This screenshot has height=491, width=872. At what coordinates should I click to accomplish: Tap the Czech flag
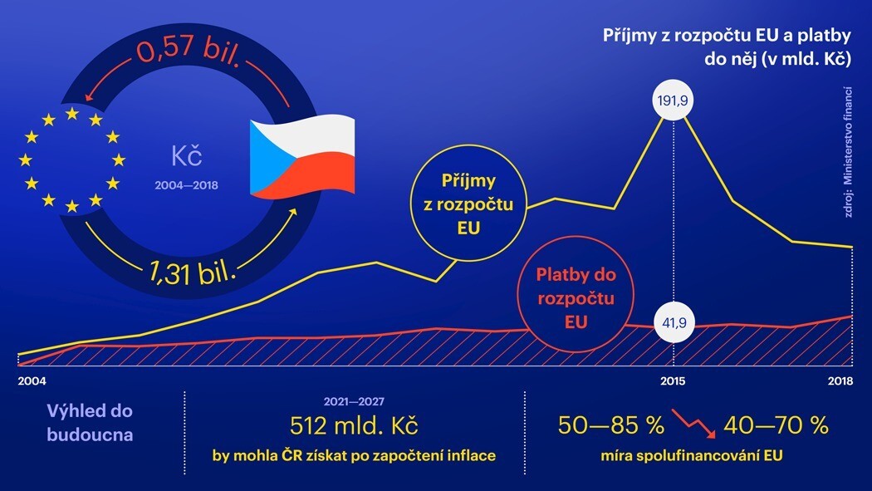pyautogui.click(x=302, y=158)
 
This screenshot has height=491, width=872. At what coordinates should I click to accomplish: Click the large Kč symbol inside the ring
pyautogui.click(x=187, y=155)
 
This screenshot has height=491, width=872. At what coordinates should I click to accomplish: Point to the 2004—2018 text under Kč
pyautogui.click(x=186, y=185)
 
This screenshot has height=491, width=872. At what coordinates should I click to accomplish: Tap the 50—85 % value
pyautogui.click(x=610, y=426)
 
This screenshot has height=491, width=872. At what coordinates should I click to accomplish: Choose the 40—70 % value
pyautogui.click(x=776, y=426)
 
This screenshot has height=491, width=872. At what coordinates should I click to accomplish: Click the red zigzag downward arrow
pyautogui.click(x=693, y=422)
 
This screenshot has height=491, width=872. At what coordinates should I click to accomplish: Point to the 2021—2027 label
pyautogui.click(x=354, y=400)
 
